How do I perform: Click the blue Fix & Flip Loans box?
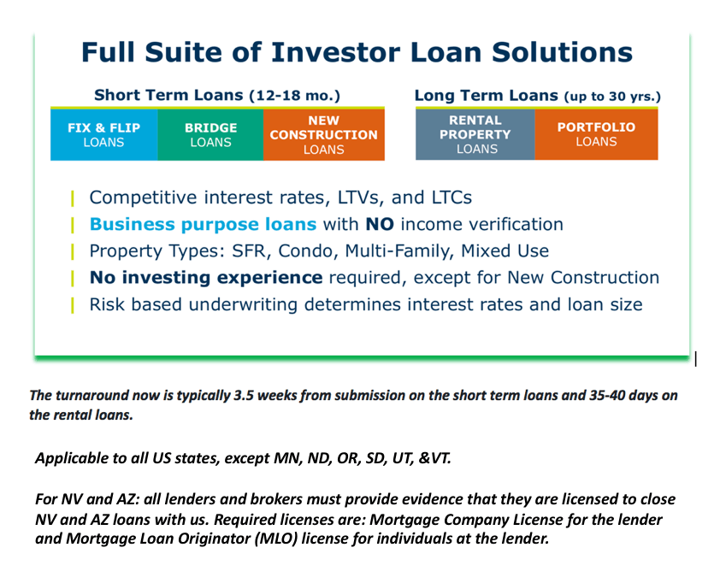point(104,135)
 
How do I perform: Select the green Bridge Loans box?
point(210,135)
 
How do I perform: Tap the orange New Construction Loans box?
point(324,135)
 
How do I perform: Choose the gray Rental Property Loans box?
point(475,134)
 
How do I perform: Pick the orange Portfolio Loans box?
point(596,134)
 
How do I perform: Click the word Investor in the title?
point(335,52)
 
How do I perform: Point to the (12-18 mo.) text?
point(295,96)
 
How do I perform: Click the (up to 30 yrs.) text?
point(612,97)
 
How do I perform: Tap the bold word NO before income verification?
point(380,225)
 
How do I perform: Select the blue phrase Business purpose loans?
point(204,225)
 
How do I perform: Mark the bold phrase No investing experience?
point(206,278)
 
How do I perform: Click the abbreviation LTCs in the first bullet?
point(452,197)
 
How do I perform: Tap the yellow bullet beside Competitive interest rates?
point(73,198)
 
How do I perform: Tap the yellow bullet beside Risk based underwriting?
point(73,305)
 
